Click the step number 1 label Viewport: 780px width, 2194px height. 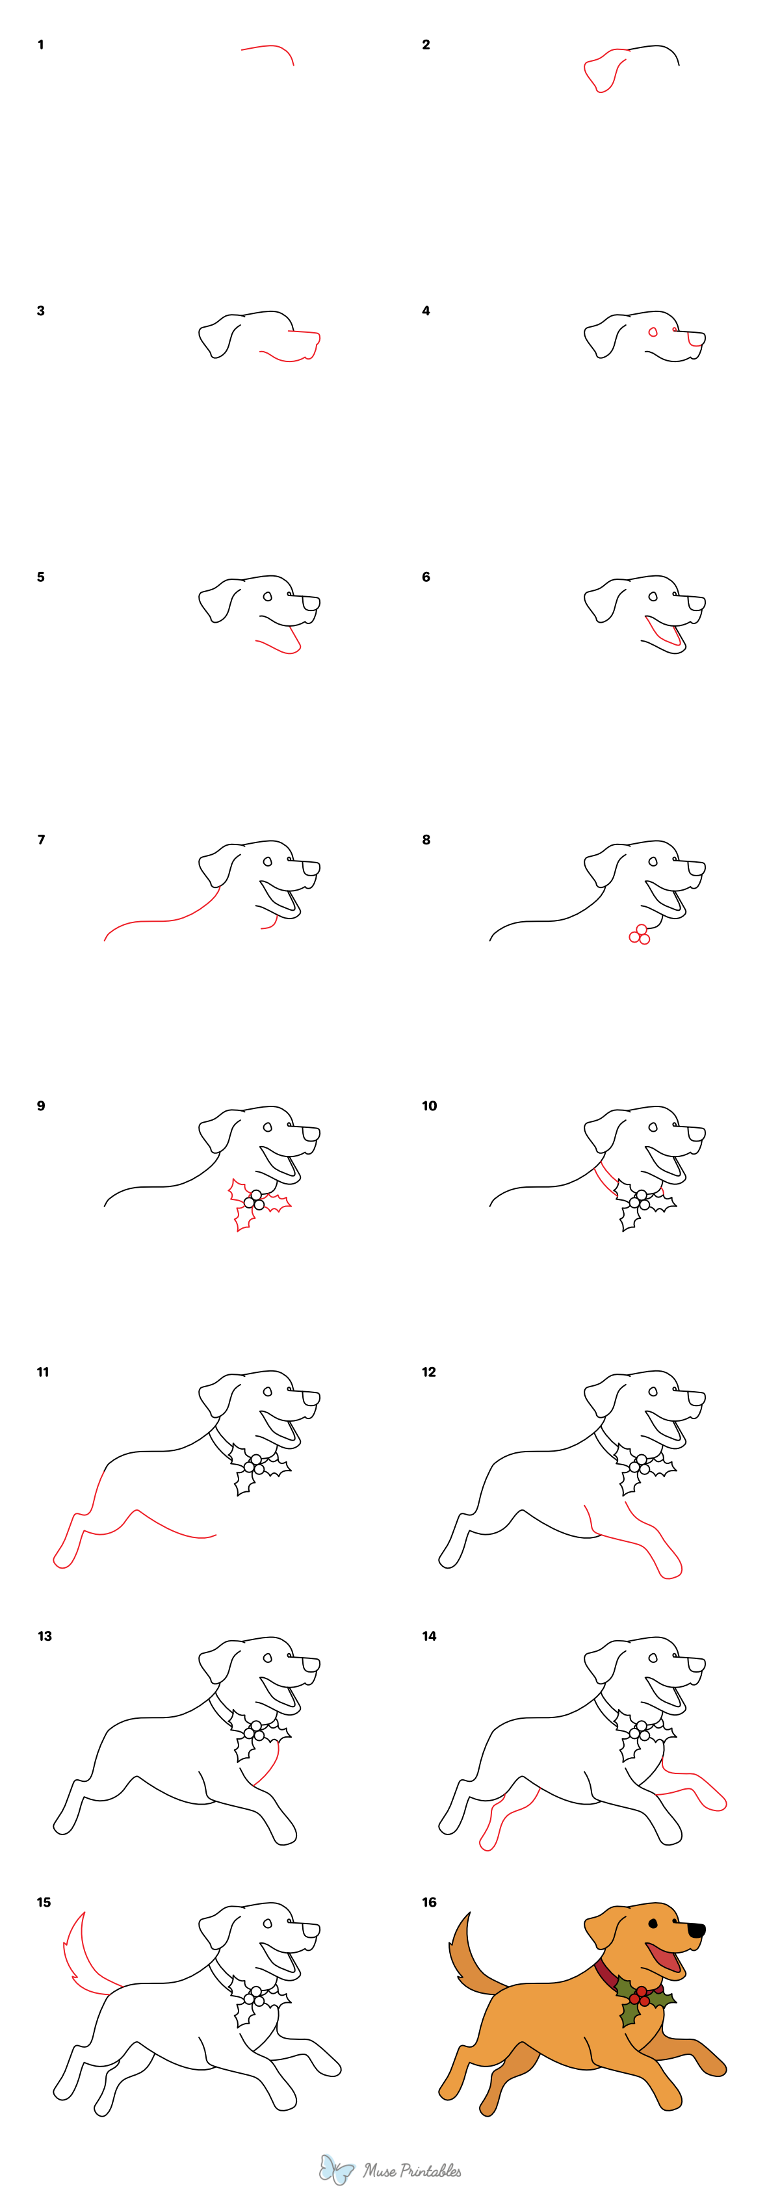coord(40,44)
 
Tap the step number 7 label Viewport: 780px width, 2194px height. coord(41,839)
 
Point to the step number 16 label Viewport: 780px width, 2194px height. coord(429,1902)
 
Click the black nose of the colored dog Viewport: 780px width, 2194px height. coord(697,1930)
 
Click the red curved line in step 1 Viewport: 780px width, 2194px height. coord(271,49)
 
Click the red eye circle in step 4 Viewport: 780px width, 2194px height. coord(653,332)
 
